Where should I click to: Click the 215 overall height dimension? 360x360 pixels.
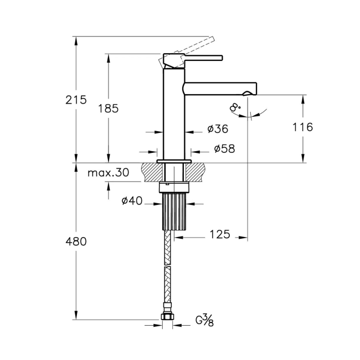coord(76,100)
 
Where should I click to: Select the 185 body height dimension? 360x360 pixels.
coord(108,109)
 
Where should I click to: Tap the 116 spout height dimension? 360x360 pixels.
coord(302,127)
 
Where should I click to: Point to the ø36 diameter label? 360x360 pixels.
coord(218,129)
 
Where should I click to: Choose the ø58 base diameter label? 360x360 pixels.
coord(224,149)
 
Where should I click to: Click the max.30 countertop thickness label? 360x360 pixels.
coord(109,172)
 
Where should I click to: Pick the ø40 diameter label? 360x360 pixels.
coord(132,201)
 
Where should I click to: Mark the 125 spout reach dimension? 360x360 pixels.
coord(220,234)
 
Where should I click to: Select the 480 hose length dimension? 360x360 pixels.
coord(76,241)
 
